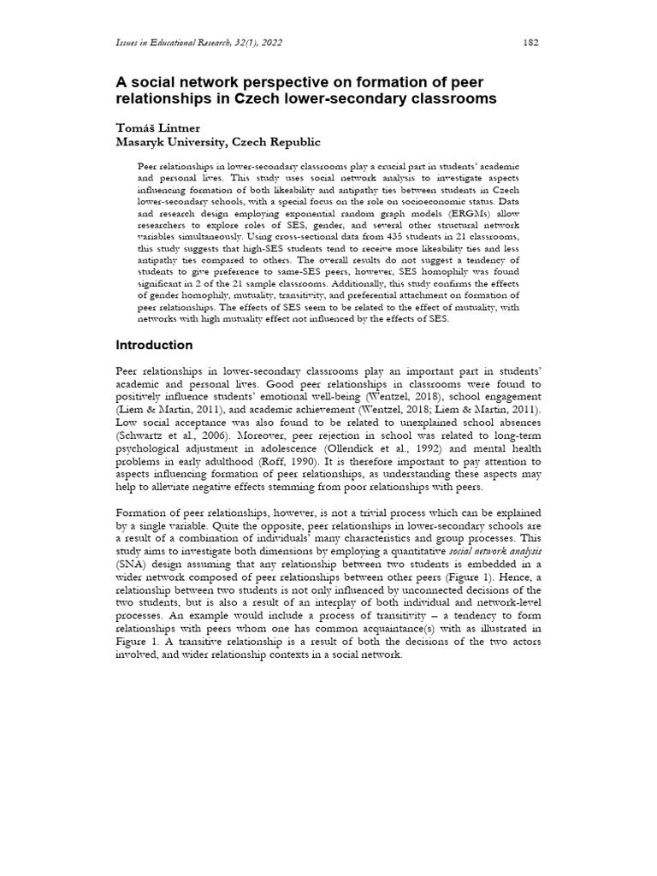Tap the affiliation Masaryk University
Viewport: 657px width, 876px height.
point(170,142)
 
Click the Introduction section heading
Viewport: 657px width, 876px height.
point(154,345)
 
